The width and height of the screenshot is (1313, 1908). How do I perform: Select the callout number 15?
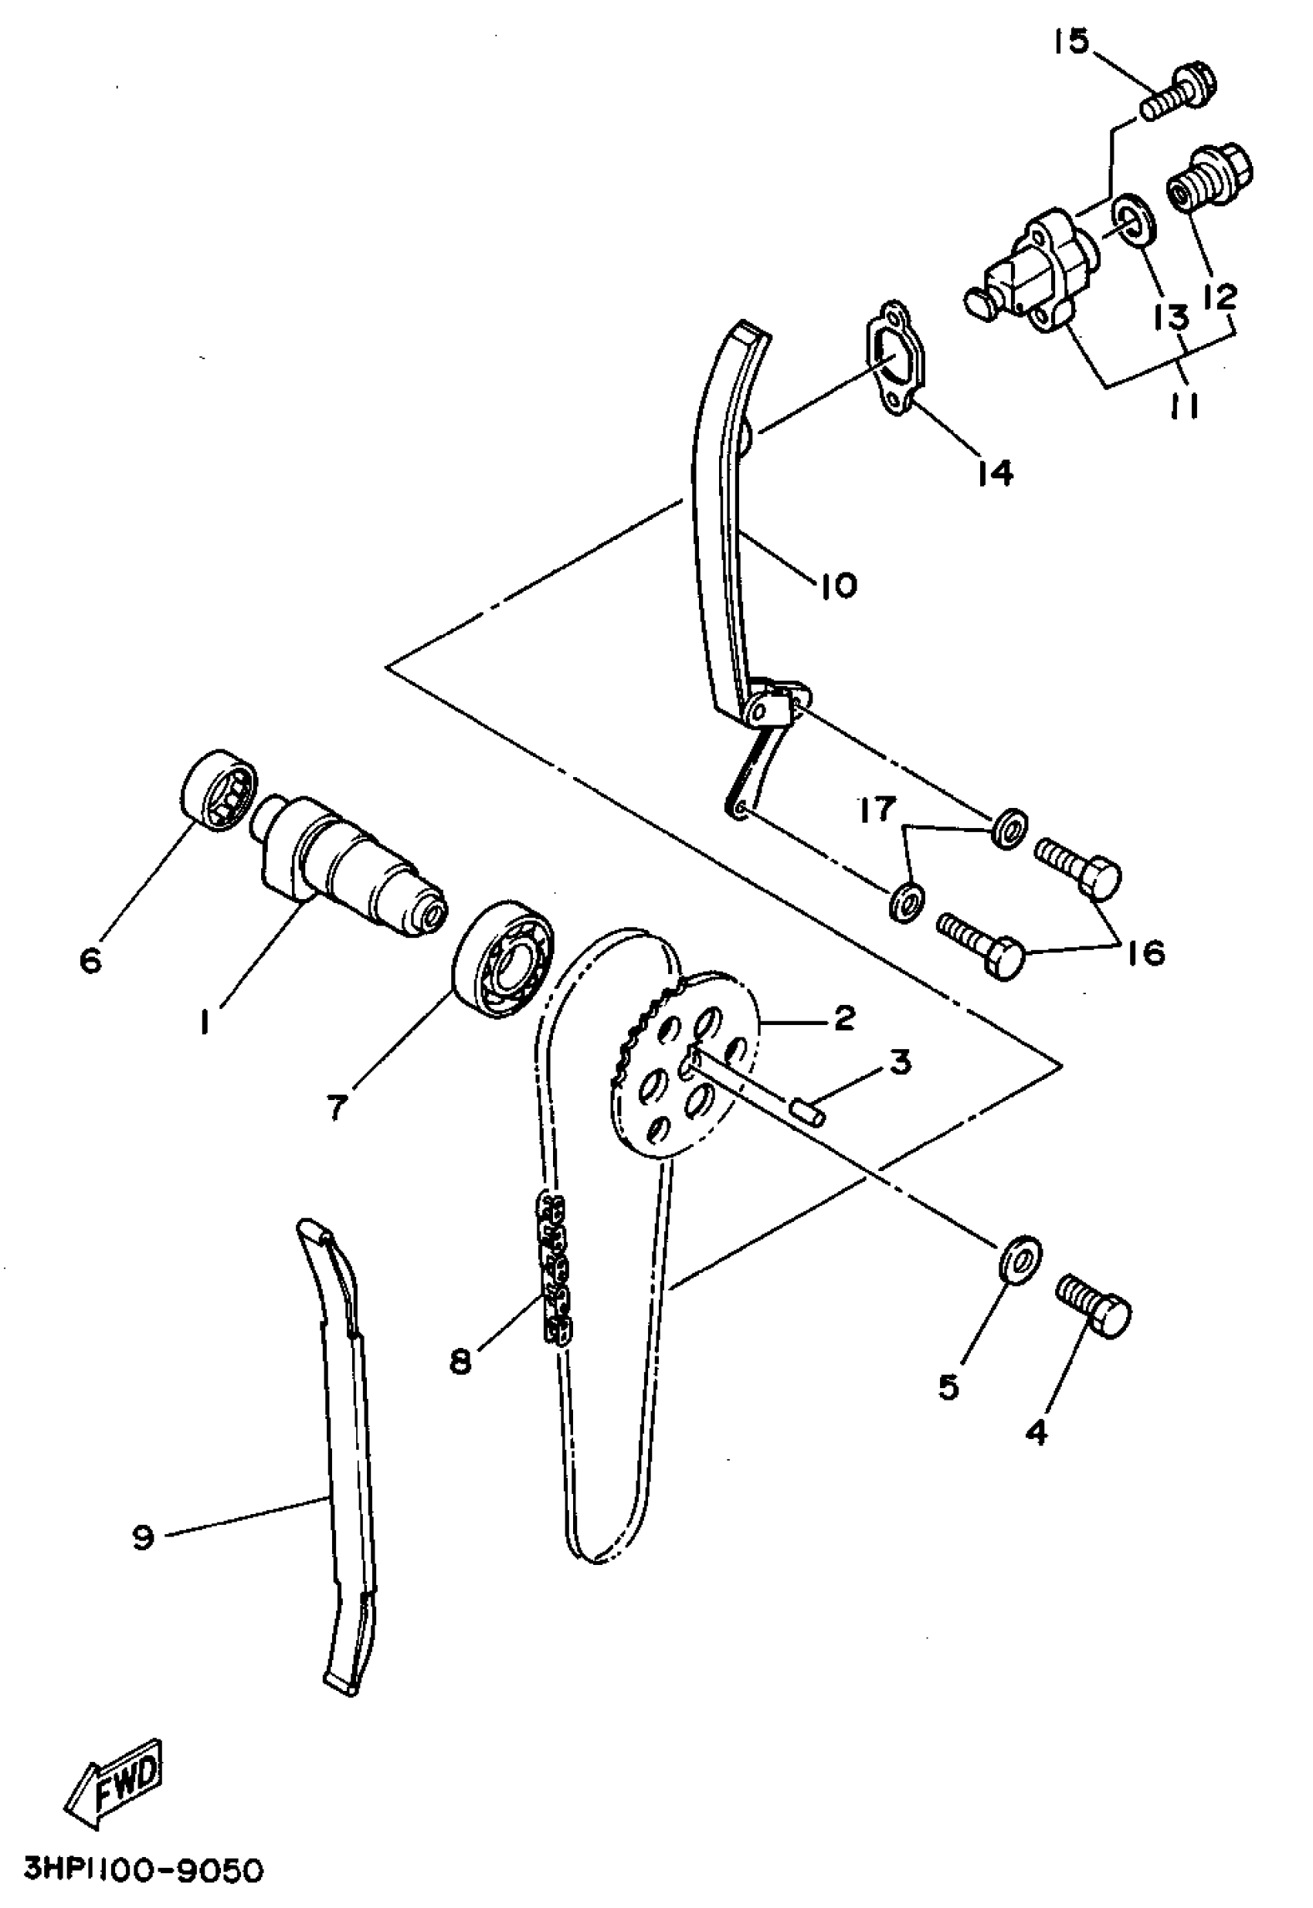coord(1071,41)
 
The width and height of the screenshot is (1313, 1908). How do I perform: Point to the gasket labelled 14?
coord(895,362)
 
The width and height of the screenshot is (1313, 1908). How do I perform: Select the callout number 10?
coord(836,586)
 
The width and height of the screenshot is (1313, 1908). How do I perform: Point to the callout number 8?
coord(460,1362)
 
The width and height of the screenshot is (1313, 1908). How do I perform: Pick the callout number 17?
coord(876,810)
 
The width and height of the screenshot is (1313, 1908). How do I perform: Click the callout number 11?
coord(1184,406)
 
